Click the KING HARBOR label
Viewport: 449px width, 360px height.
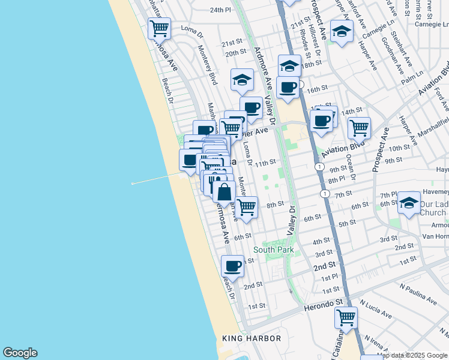click(x=252, y=338)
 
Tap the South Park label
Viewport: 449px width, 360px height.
click(x=273, y=250)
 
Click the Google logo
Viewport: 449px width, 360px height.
click(x=19, y=353)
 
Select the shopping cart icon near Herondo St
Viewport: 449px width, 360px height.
click(x=346, y=317)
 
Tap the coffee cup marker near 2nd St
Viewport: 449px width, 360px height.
click(x=232, y=265)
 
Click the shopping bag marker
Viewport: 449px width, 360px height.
click(x=224, y=193)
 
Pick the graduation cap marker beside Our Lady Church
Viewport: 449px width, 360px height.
click(x=409, y=202)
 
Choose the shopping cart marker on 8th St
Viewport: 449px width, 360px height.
click(x=246, y=207)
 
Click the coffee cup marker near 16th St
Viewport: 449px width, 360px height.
click(x=288, y=87)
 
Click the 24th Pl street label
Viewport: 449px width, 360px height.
click(x=220, y=10)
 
